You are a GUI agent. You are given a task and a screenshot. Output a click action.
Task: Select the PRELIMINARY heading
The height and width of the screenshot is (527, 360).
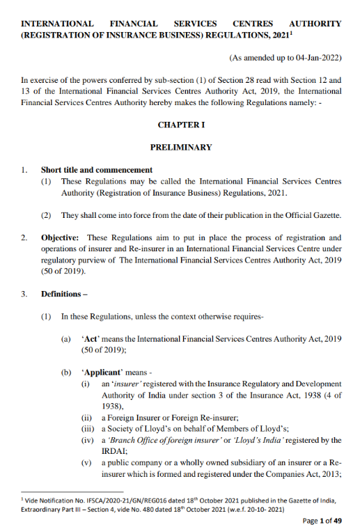pos(181,148)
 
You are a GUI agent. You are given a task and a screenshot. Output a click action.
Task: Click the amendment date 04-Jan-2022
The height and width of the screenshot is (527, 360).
pos(315,61)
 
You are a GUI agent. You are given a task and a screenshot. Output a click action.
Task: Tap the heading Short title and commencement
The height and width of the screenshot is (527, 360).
pos(96,170)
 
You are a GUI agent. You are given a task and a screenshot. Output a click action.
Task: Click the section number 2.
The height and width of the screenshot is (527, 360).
pos(24,237)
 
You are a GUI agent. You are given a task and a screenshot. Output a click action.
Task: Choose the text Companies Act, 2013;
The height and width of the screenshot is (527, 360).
pos(303,472)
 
